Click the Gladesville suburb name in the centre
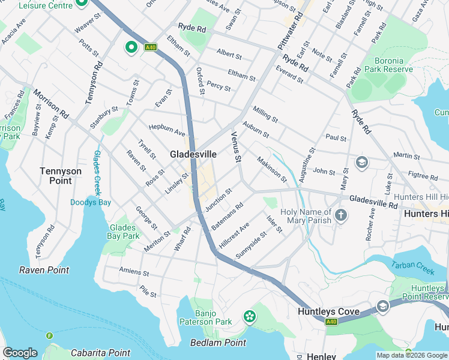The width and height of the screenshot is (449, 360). coord(193,154)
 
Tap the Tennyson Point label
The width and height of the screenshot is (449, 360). coord(61,176)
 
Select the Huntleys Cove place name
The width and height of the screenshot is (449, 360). coord(328,311)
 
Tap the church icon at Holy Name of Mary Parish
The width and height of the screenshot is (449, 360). coord(341,215)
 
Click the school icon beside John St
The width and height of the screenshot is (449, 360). coord(362,162)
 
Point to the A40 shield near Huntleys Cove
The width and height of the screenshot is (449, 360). coord(331,322)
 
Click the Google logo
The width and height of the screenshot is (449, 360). coord(20,353)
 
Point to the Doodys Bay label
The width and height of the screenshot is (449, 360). coord(90,202)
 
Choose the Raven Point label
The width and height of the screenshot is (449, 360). coord(44,270)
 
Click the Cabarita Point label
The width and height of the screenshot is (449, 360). coord(101,353)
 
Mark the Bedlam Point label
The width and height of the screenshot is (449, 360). coord(218,343)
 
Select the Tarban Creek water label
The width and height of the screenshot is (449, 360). coord(412,268)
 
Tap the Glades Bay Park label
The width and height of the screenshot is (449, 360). coord(124,232)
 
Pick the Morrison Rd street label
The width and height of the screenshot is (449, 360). coord(51,103)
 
